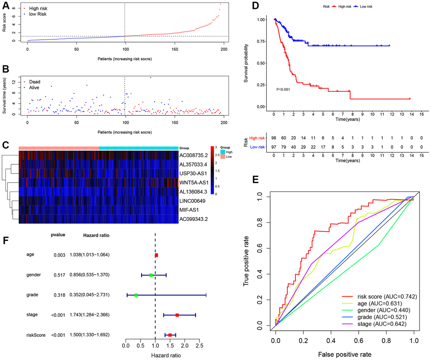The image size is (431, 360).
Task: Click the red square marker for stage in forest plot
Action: click(177, 315)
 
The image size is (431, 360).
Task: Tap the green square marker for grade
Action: click(136, 295)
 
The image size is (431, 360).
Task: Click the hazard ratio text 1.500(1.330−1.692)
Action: click(90, 335)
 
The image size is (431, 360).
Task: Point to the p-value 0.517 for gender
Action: click(59, 275)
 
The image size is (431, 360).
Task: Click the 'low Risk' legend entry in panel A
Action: click(37, 14)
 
